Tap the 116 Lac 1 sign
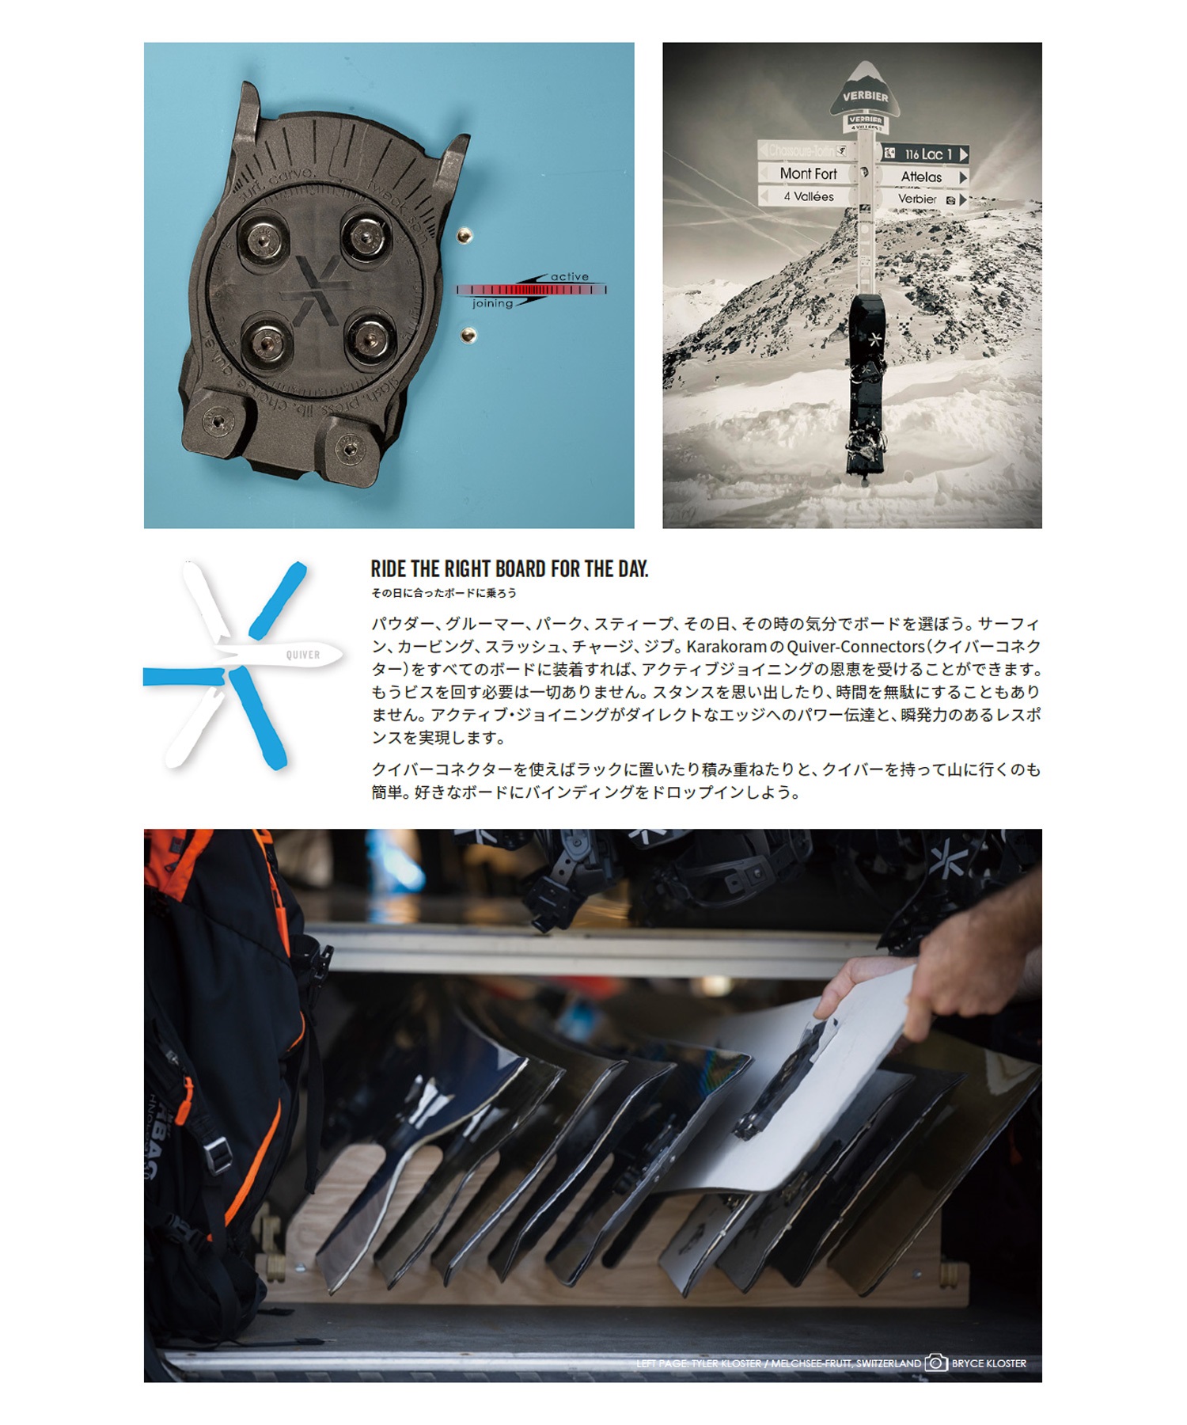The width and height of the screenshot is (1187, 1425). pos(927,154)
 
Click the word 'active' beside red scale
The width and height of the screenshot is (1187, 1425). pos(569,277)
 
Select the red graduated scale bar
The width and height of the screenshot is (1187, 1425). pos(530,291)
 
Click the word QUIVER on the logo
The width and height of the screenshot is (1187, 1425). pos(303,655)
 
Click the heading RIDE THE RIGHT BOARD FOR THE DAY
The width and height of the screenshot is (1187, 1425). pos(509,569)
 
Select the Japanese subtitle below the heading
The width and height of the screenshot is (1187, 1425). pos(443,593)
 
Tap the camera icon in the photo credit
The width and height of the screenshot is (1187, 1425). pos(936,1363)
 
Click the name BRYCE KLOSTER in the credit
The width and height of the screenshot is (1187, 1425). pos(988,1363)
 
